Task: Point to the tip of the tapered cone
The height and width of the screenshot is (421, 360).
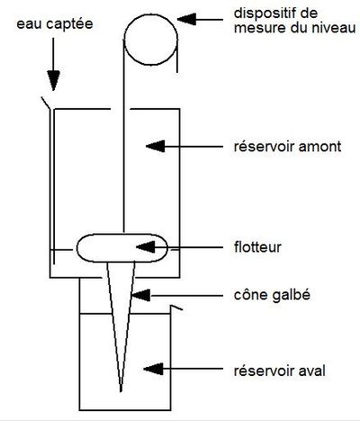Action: [x=121, y=391]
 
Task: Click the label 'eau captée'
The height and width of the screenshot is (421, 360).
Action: [x=55, y=24]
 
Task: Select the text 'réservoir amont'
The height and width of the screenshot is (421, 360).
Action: [x=287, y=147]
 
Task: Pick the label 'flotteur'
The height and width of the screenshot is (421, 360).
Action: [x=257, y=247]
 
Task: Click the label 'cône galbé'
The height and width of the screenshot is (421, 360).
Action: [x=272, y=295]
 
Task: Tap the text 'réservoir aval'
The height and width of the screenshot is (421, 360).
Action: [x=280, y=371]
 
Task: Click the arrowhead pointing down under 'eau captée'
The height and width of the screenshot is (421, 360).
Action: [x=54, y=80]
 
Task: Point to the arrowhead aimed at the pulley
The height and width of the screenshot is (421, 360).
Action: [x=186, y=20]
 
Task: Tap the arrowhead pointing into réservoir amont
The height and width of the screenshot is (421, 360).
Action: [x=155, y=147]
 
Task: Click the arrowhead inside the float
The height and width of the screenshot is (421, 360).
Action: [x=146, y=247]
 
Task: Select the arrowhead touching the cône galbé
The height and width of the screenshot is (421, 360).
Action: [x=140, y=295]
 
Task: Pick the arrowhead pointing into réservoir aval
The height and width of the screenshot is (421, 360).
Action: [x=153, y=369]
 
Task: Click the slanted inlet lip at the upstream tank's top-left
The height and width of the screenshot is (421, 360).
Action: [x=46, y=103]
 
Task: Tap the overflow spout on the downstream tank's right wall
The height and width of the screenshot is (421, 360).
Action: [x=176, y=308]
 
